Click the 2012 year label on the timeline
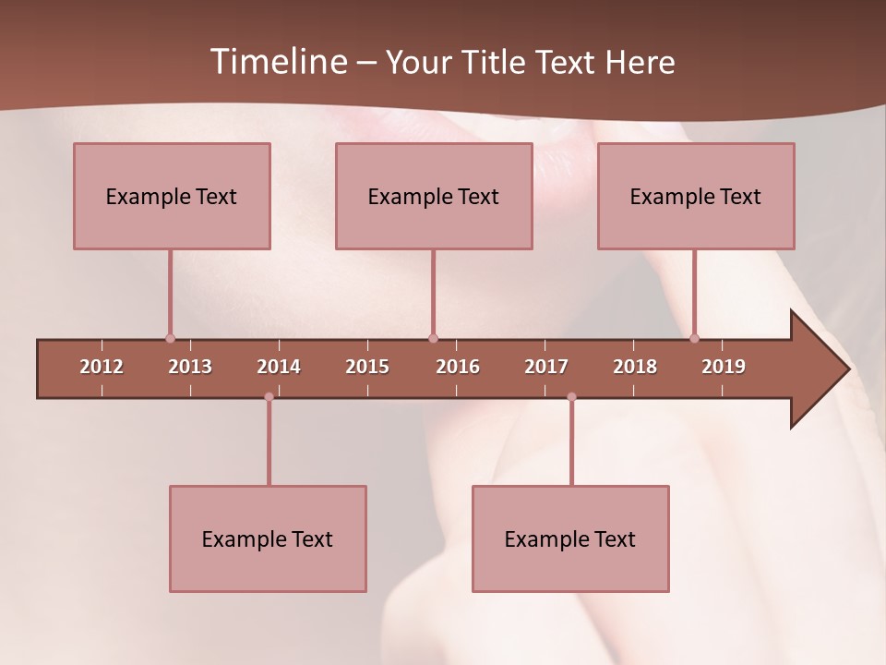click(102, 367)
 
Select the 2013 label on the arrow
click(190, 367)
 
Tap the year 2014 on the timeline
click(279, 367)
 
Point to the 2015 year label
click(367, 367)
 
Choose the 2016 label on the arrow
click(458, 367)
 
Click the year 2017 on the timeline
click(546, 367)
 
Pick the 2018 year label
click(635, 367)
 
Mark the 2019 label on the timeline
click(724, 367)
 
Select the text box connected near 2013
click(172, 196)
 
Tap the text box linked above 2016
click(434, 196)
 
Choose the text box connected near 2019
click(696, 196)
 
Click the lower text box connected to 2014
click(268, 538)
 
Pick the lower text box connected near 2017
click(570, 538)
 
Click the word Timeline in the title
click(277, 62)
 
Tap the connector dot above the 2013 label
click(170, 338)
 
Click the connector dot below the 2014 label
click(269, 397)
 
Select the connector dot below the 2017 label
click(571, 397)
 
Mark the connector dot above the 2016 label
click(433, 338)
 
